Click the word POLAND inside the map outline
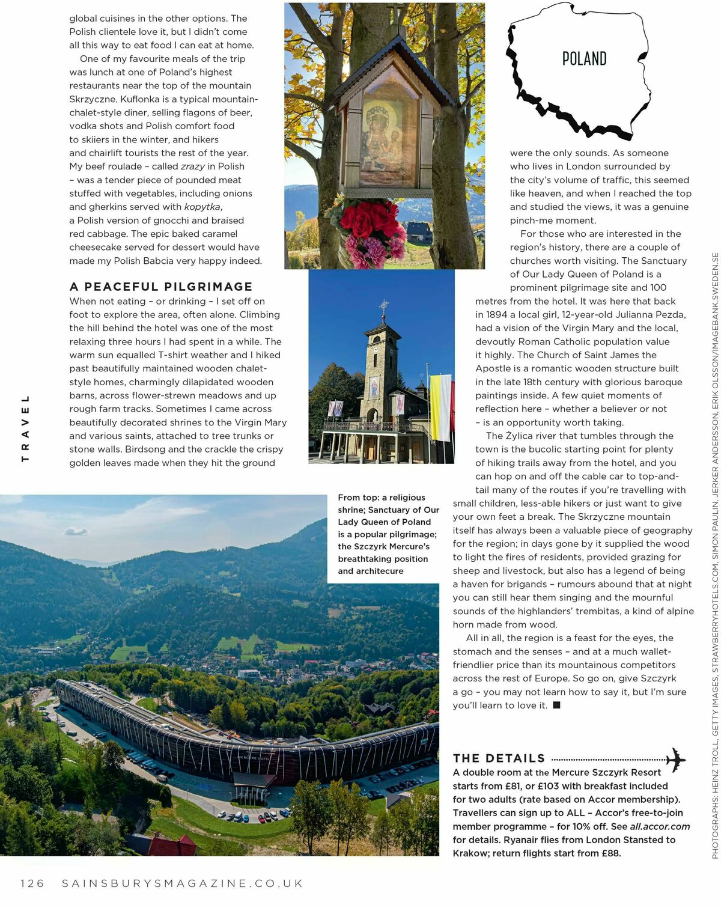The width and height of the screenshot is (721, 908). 584,58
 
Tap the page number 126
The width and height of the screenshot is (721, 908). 32,883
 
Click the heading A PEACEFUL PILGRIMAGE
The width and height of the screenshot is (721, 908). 161,287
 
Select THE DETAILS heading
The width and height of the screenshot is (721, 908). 499,758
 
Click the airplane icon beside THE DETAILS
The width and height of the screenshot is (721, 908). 676,760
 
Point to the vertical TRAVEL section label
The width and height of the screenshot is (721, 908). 25,428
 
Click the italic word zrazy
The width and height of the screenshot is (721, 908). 192,166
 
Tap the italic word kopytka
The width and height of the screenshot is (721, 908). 202,207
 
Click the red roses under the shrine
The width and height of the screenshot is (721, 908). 361,223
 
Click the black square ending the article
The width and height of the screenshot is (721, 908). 556,705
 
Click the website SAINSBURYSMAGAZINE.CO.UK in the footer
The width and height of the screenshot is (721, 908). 183,883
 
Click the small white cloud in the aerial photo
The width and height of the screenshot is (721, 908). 76,531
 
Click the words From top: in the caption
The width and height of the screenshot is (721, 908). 358,498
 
